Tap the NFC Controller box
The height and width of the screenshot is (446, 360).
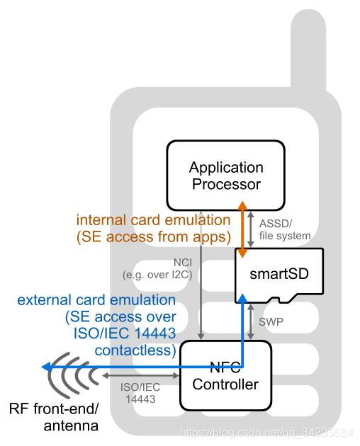point(225,375)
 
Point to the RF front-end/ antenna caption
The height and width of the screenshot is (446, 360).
point(54,417)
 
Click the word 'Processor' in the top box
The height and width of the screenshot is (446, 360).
point(225,185)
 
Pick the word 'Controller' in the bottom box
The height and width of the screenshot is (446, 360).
point(225,386)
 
